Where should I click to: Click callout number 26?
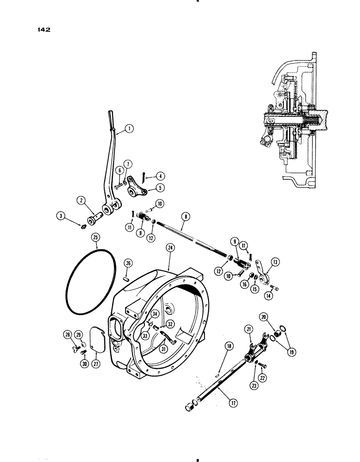129,263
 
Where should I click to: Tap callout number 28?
68,334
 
